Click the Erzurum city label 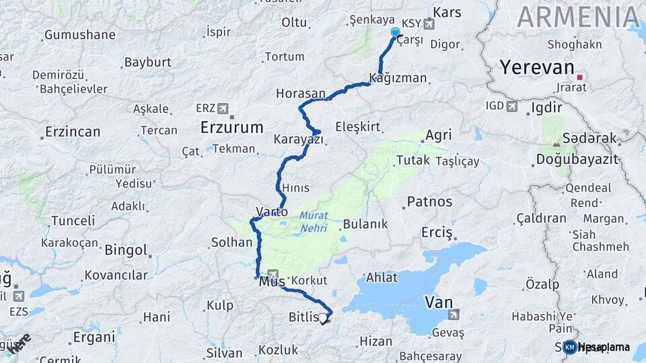coord(231,126)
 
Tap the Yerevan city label coord(537,68)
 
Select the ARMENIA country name coord(578,17)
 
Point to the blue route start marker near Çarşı coord(395,32)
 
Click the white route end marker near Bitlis coord(323,318)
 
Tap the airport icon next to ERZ coord(223,108)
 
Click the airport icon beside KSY coord(429,24)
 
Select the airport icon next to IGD coord(512,106)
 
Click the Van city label coord(438,302)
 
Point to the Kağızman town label coord(398,78)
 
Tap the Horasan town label coord(300,93)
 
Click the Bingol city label coord(126,250)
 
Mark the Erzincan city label coord(73,132)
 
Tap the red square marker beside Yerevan coord(579,77)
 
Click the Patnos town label coord(429,201)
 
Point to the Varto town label coord(272,212)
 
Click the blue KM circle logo coord(569,347)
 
